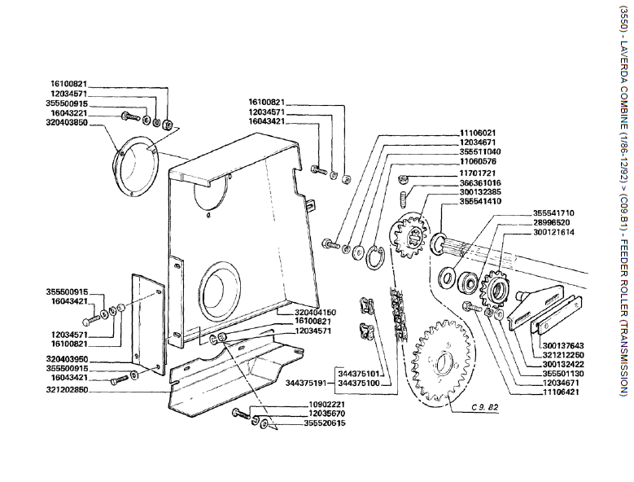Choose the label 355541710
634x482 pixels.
553,213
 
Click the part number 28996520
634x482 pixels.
553,222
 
